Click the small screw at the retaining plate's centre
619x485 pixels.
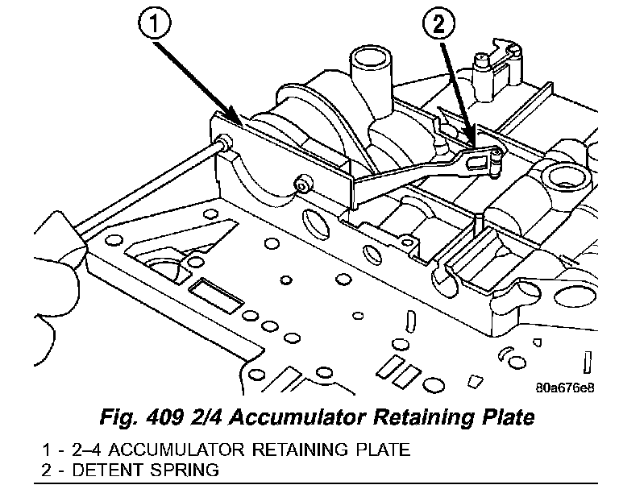(x=302, y=184)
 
